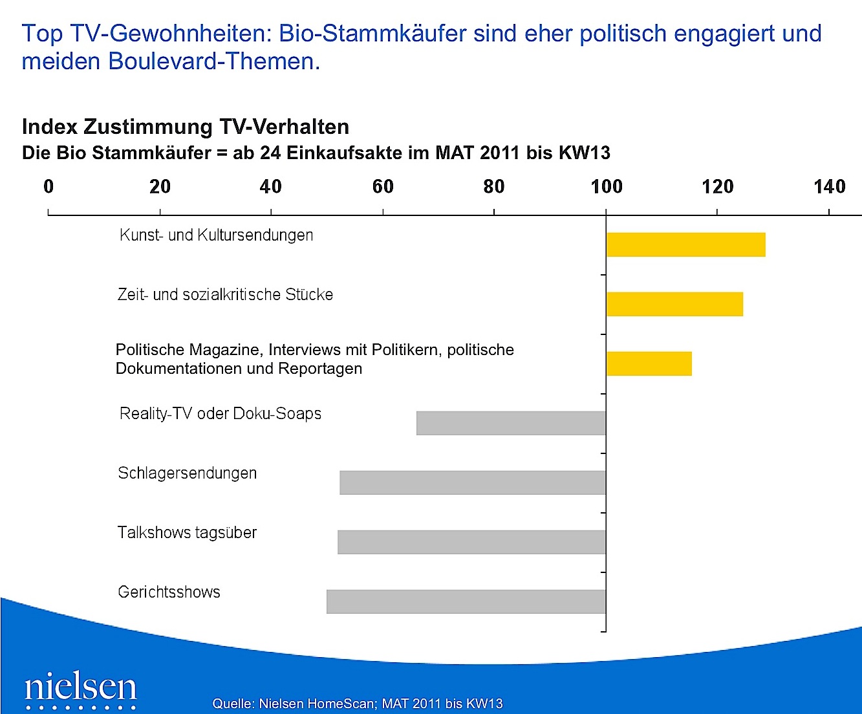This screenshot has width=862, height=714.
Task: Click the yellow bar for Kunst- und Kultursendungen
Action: tap(685, 244)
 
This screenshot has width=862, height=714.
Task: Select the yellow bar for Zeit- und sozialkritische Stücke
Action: tap(674, 304)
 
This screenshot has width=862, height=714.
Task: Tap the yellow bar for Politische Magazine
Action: tap(649, 363)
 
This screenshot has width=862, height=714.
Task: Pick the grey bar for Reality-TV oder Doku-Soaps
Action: tap(511, 423)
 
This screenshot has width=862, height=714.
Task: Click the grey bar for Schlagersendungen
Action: tap(473, 482)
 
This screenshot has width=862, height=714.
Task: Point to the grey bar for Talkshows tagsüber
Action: tap(471, 542)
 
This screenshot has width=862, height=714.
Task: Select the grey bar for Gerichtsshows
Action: tap(466, 601)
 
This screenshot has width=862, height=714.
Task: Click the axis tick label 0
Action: tap(48, 187)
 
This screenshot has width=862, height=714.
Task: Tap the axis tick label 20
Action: tap(160, 187)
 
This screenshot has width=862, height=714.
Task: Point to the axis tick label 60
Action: tap(383, 187)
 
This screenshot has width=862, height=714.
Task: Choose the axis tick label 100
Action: tap(606, 187)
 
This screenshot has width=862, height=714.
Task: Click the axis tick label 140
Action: tap(829, 187)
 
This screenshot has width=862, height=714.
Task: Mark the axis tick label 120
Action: tap(717, 187)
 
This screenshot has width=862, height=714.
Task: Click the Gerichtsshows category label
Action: tap(169, 592)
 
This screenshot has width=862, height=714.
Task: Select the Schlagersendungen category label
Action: tap(187, 473)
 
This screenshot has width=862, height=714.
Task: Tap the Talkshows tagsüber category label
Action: tap(187, 532)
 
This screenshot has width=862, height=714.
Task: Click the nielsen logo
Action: tap(80, 688)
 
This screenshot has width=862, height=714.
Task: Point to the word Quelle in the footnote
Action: tap(233, 704)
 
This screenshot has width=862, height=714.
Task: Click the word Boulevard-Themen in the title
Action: tap(214, 61)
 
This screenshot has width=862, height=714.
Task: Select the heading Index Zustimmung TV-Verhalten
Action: tap(186, 127)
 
